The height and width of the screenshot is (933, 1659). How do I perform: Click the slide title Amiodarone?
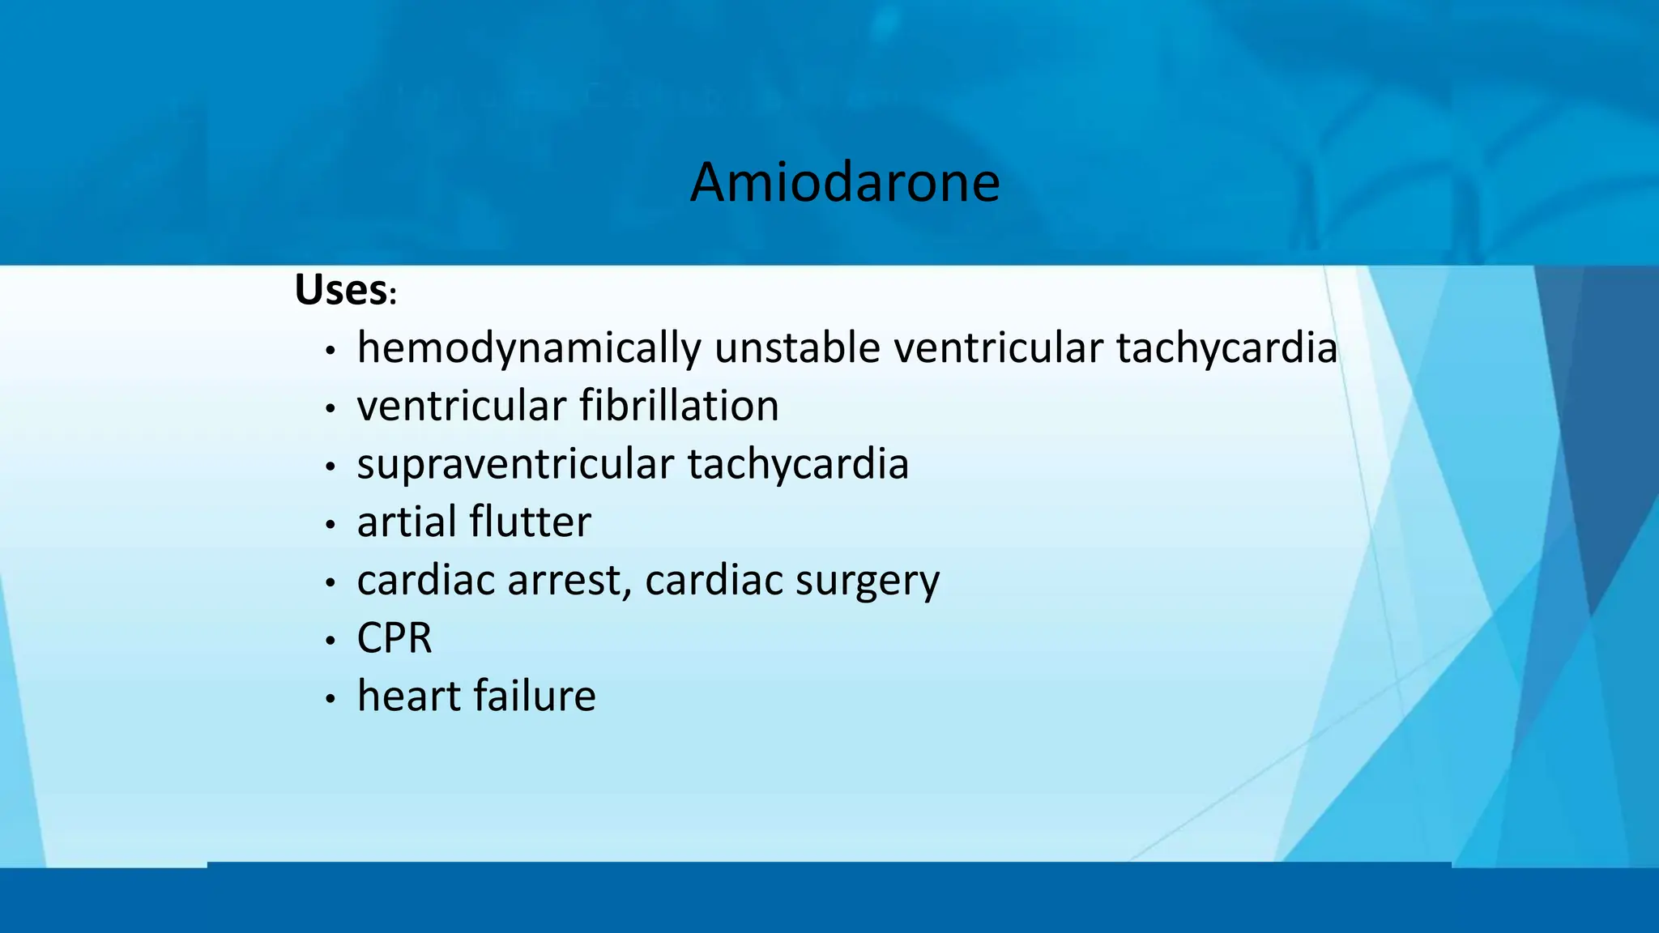[845, 182]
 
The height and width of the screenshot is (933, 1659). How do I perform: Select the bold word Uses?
[340, 290]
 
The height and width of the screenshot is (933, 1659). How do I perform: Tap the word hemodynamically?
[527, 349]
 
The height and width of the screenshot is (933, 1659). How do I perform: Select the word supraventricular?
[515, 465]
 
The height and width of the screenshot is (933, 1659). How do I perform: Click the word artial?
[405, 522]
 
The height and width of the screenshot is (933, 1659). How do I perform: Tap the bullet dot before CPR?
[330, 641]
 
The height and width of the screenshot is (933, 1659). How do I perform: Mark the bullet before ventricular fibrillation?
[330, 409]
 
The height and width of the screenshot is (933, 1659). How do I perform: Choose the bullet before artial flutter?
[330, 526]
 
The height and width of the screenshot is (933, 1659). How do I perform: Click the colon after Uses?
[393, 296]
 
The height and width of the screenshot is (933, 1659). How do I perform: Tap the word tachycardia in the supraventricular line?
[798, 465]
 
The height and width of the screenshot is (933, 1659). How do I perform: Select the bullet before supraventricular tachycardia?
[330, 467]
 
